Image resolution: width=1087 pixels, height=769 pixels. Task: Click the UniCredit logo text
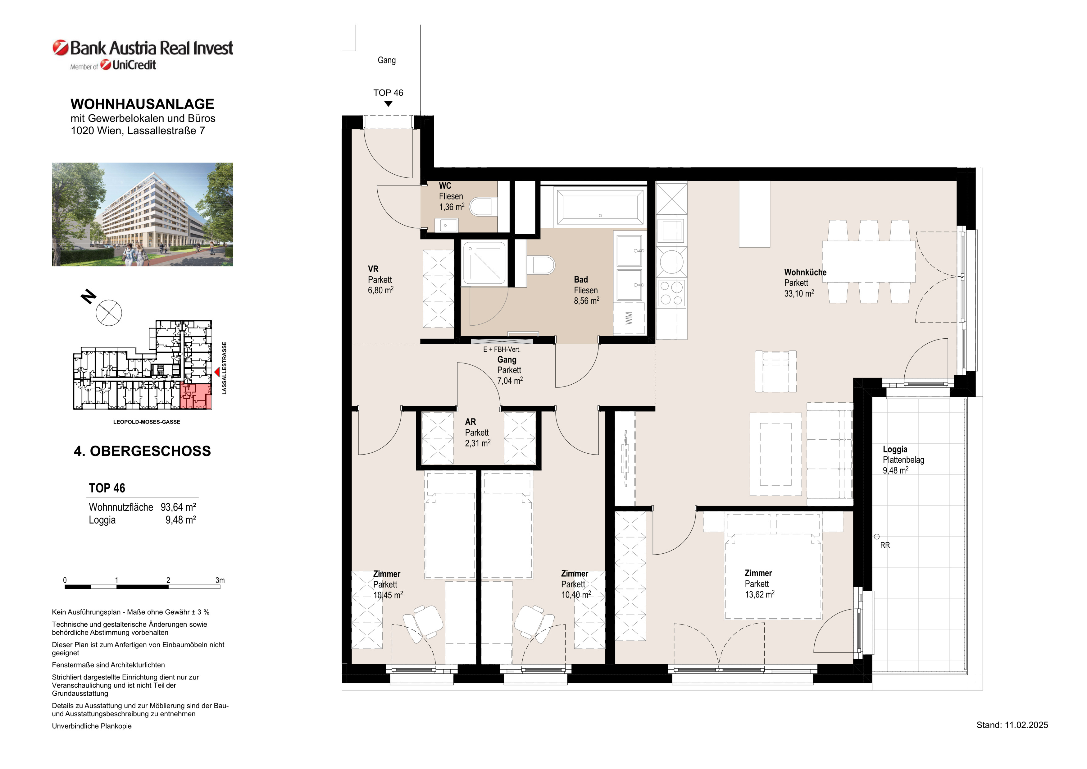click(134, 65)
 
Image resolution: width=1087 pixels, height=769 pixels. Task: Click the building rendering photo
click(143, 214)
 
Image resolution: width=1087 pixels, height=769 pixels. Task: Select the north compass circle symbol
click(109, 313)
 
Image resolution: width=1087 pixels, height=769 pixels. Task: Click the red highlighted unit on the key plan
click(196, 396)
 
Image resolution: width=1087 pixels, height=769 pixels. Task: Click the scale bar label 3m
click(220, 580)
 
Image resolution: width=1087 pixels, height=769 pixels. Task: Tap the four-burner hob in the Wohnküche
click(672, 293)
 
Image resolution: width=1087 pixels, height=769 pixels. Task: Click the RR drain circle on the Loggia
click(877, 537)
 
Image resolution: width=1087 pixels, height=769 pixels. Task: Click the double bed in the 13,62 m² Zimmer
click(773, 576)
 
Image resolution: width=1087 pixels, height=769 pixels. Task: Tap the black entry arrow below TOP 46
click(388, 104)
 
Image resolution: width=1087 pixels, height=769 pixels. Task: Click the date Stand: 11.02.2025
click(1012, 725)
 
